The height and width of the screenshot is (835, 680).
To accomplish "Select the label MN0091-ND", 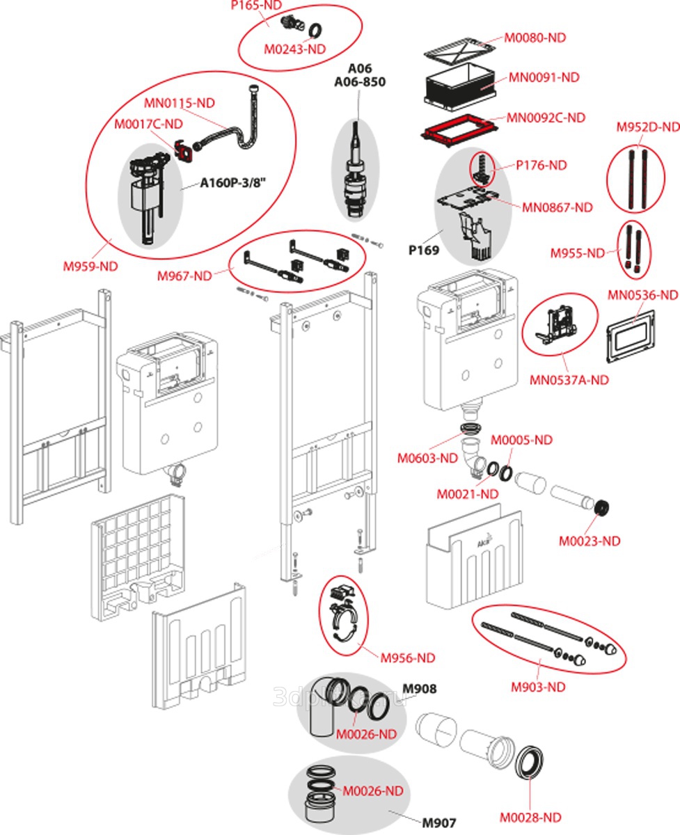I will [544, 77].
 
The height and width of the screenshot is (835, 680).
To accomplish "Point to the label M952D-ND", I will [648, 127].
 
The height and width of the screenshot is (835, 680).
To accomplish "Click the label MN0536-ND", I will [642, 295].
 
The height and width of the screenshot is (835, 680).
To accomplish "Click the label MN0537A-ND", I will [569, 380].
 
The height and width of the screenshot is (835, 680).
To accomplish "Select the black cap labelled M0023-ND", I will [604, 507].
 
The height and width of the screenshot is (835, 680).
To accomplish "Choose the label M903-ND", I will [538, 687].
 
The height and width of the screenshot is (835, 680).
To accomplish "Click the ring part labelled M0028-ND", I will [532, 768].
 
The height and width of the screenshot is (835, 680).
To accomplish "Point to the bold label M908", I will [422, 689].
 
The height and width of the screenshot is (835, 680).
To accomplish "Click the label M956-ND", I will [407, 658].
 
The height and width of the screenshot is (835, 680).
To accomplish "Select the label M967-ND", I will [184, 276].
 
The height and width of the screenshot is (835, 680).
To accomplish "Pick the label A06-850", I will [360, 82].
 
